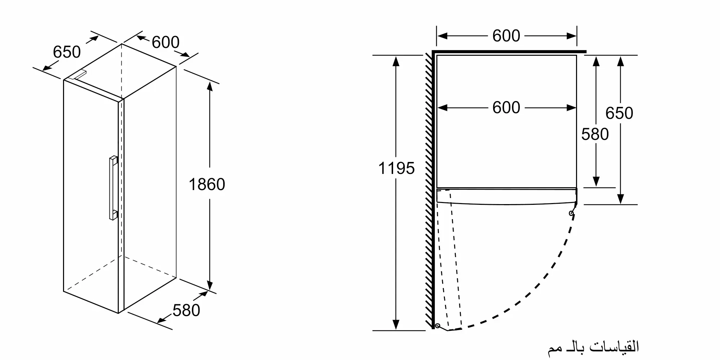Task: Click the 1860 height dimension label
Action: coord(207,185)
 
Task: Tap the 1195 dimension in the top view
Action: coord(396,168)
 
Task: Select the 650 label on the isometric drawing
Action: coord(67,52)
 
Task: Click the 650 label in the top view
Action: coord(619,113)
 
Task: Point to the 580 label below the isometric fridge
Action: coord(186,311)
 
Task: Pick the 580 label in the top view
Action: coord(595,135)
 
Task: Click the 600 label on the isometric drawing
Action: coord(165,42)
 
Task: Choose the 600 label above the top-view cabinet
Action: coord(506,36)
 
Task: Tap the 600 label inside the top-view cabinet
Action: coord(506,108)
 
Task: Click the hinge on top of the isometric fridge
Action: coord(78,74)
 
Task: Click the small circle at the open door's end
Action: coord(438,326)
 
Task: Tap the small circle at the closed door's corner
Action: coord(571,213)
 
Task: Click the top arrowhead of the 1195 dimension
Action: coord(396,61)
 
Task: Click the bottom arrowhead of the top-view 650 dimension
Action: coord(620,199)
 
